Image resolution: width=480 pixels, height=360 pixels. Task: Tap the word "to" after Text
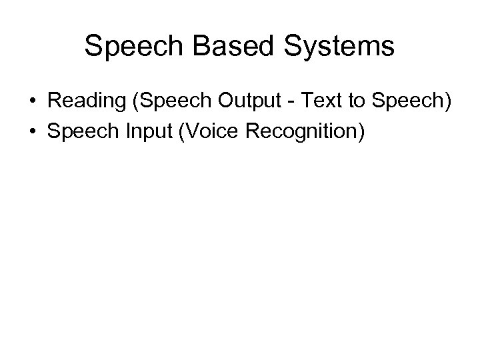pyautogui.click(x=355, y=102)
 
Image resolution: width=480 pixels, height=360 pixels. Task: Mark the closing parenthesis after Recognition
pyautogui.click(x=361, y=131)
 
